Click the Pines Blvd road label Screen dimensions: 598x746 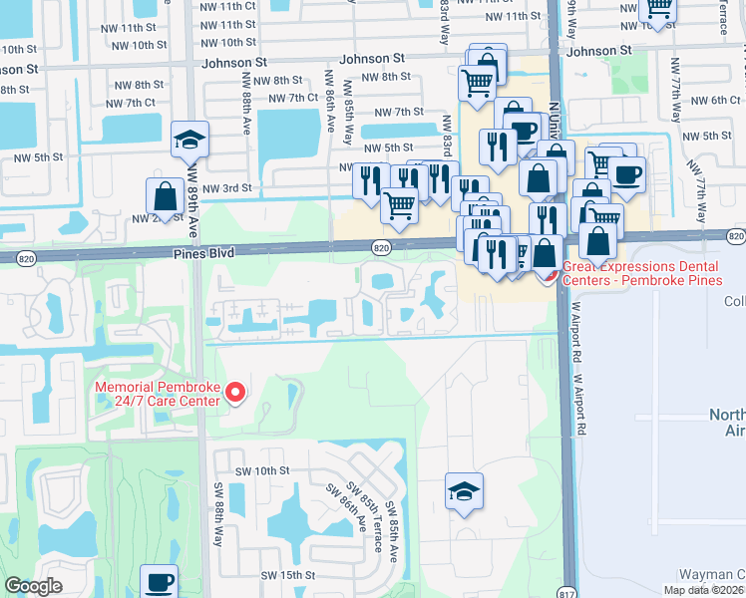[x=206, y=254]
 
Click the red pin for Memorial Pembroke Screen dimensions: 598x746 [x=235, y=394]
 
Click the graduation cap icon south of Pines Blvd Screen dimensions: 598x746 [x=464, y=491]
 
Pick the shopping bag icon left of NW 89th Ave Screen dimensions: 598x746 [x=164, y=195]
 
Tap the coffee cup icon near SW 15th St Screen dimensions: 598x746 [x=160, y=581]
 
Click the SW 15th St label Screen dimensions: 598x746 [x=287, y=575]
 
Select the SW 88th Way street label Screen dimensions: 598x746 [x=218, y=514]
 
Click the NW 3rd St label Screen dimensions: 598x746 [x=225, y=187]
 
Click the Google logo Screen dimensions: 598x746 [x=34, y=586]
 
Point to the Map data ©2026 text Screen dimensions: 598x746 [x=704, y=590]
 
